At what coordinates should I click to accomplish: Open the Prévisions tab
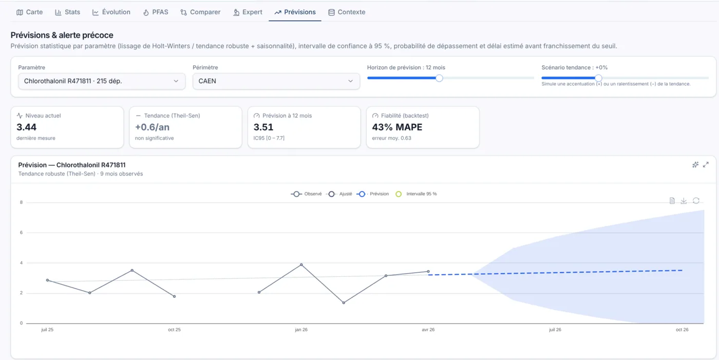295,12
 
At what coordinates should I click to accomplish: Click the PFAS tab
156,12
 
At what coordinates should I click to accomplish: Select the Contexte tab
347,12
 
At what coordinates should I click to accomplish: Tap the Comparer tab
200,12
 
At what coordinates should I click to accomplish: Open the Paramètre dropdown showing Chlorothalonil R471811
102,81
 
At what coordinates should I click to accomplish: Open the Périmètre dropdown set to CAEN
276,81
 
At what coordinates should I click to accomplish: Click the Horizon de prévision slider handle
439,78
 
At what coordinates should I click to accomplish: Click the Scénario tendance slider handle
598,78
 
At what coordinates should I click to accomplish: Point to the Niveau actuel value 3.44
27,127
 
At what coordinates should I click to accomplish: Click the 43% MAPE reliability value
397,127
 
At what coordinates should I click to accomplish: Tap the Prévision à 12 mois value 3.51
263,127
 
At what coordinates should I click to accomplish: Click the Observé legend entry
306,194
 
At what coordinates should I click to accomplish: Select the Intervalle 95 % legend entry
417,194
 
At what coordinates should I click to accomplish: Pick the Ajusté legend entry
339,194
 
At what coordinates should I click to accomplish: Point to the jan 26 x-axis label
301,330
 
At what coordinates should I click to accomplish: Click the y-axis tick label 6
21,232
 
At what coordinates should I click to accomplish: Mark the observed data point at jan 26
301,264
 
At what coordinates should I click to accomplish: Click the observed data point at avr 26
428,272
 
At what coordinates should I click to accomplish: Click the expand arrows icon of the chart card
706,165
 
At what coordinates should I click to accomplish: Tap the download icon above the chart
684,201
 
